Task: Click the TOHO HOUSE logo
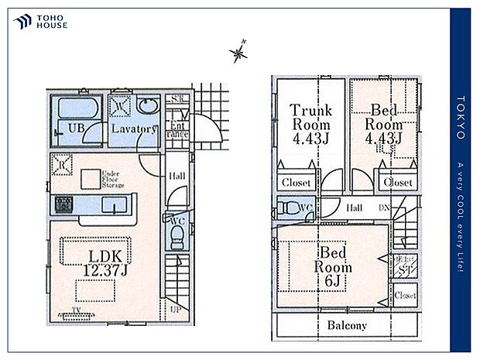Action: click(40, 22)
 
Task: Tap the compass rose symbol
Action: click(239, 53)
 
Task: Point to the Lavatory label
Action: click(133, 129)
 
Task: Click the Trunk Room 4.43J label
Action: click(310, 125)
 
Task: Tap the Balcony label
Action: click(347, 325)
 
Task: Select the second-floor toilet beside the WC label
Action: click(290, 207)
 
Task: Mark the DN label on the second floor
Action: click(383, 207)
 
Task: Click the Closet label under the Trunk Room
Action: click(296, 183)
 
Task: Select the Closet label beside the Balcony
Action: click(404, 296)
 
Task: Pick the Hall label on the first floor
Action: click(177, 177)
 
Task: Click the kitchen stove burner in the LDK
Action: click(62, 205)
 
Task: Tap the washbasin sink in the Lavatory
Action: click(146, 106)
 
